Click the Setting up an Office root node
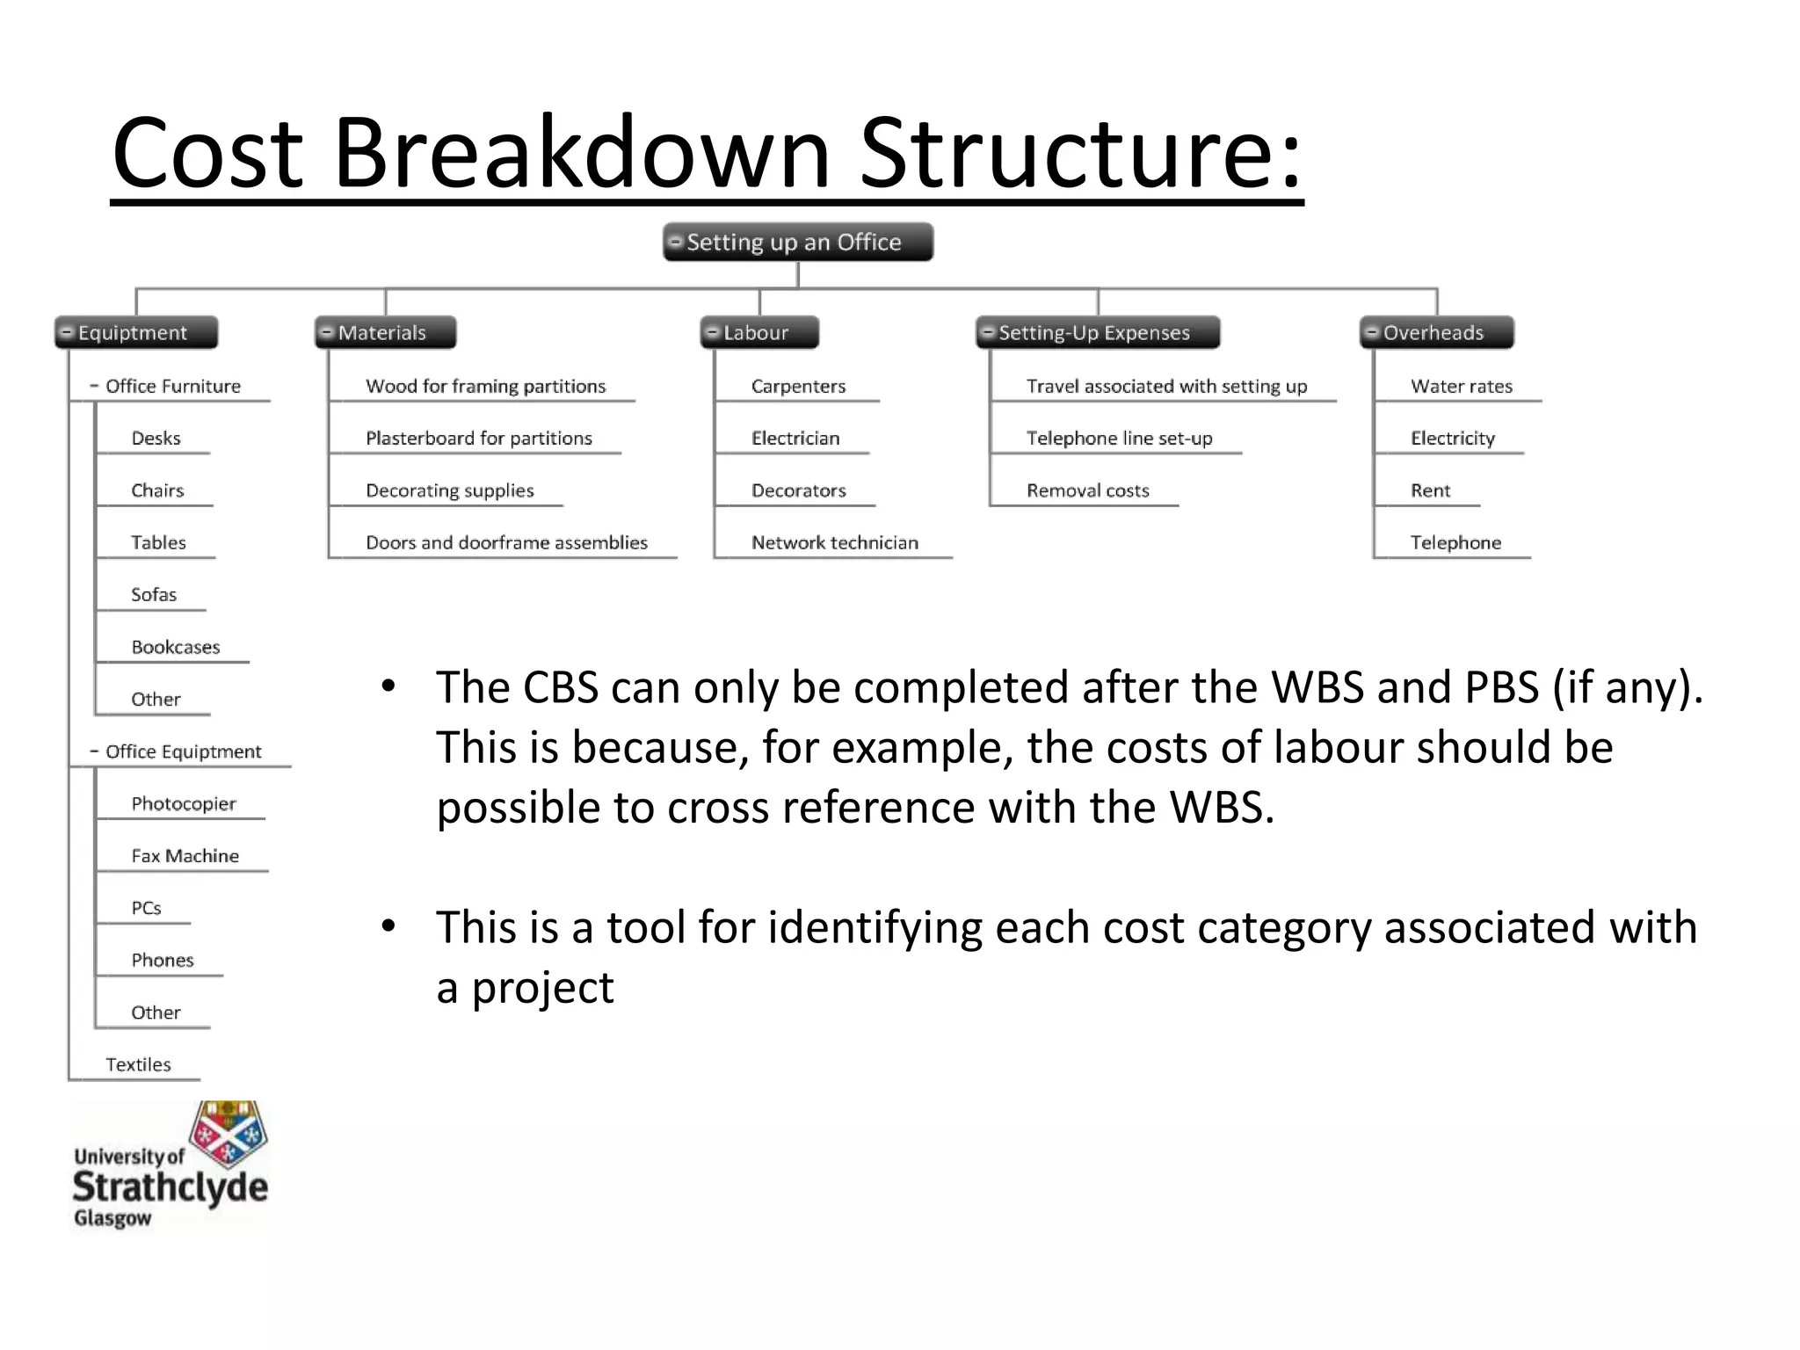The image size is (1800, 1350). point(797,242)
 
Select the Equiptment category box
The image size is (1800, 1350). point(136,332)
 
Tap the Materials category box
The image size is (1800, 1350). point(385,332)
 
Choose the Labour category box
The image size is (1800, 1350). point(759,332)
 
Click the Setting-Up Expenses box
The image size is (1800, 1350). point(1097,332)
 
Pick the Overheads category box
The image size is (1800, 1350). point(1436,332)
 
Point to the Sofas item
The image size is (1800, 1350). point(154,595)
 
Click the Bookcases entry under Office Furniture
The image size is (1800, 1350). point(176,647)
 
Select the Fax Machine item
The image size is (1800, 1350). point(185,856)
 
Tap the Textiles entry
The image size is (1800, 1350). point(138,1064)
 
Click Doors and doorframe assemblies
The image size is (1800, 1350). point(506,542)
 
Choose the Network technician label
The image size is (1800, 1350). point(834,542)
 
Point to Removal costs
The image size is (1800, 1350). point(1087,490)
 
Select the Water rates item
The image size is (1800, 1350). point(1461,386)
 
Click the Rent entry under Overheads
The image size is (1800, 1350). point(1430,490)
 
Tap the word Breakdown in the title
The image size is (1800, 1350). point(580,154)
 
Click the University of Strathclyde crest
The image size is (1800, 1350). point(229,1134)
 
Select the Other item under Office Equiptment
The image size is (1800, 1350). point(156,1012)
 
